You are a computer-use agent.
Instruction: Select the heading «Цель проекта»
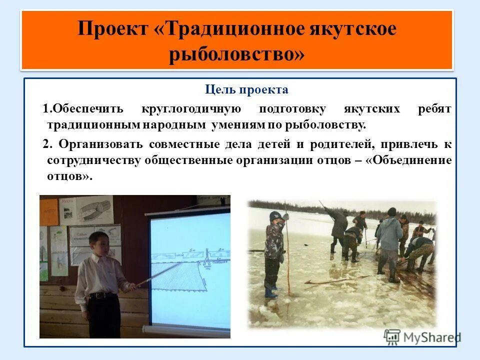246,90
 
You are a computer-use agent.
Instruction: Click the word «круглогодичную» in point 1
191,109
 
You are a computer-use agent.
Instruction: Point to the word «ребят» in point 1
434,109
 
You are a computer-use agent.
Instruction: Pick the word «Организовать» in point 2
103,144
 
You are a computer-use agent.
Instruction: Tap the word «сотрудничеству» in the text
93,160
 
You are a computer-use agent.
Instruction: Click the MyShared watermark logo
422,337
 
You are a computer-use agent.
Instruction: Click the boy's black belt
104,295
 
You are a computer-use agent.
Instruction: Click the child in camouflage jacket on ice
274,240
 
